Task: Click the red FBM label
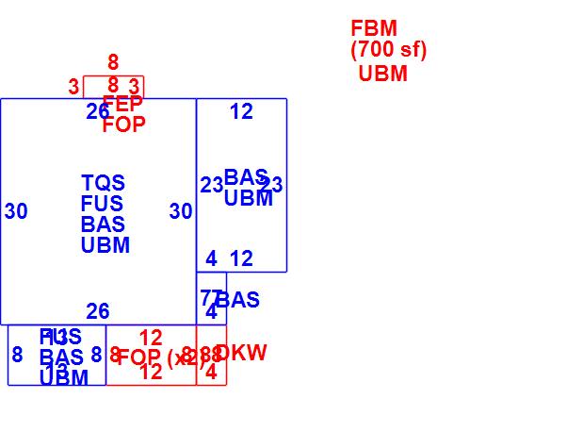(x=374, y=28)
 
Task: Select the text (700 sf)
(x=388, y=50)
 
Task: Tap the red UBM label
(x=383, y=74)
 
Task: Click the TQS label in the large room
(x=103, y=183)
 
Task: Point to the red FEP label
(x=122, y=104)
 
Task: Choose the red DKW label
(x=241, y=353)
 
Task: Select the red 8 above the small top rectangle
(x=113, y=63)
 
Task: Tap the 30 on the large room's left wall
(x=16, y=211)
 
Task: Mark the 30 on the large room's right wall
(x=181, y=211)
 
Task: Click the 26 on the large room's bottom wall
(x=98, y=311)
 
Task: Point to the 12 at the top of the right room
(x=241, y=111)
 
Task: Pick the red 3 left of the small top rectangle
(x=73, y=87)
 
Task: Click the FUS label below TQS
(x=103, y=204)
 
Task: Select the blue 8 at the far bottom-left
(x=17, y=355)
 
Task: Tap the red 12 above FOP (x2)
(x=151, y=337)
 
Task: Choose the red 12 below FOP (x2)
(x=151, y=373)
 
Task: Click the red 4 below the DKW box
(x=211, y=373)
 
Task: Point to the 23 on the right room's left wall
(x=212, y=185)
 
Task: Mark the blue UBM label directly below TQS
(x=105, y=245)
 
